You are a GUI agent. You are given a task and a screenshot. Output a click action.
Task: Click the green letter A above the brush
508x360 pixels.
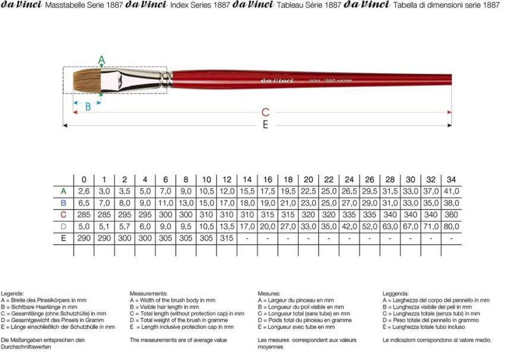[x=101, y=59]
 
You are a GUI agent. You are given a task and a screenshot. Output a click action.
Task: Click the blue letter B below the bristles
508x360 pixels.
[x=88, y=107]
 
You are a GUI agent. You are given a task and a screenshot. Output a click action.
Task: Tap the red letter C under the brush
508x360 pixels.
[x=266, y=112]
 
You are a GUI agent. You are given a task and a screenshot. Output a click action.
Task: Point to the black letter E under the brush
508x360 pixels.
[x=265, y=125]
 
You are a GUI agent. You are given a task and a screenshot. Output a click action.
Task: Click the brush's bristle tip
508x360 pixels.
[x=67, y=80]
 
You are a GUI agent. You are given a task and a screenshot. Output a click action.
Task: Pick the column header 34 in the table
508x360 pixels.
[x=452, y=179]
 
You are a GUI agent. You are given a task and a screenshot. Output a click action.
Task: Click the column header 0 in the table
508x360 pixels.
[x=84, y=179]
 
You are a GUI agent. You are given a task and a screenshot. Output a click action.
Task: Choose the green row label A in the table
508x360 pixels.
[x=63, y=191]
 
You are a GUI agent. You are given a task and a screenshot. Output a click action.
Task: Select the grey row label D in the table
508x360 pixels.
[x=63, y=226]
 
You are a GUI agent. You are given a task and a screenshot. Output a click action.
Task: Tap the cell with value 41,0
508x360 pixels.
[x=452, y=191]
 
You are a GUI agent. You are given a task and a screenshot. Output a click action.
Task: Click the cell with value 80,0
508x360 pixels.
[x=452, y=226]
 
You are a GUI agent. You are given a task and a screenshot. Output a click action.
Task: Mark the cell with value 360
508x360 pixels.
[x=452, y=214]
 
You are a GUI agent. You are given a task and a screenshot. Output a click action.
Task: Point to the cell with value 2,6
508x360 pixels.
[x=84, y=191]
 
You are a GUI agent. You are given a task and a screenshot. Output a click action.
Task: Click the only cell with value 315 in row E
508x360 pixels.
[x=227, y=238]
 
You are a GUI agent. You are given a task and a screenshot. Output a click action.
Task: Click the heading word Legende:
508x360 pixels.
[x=12, y=293]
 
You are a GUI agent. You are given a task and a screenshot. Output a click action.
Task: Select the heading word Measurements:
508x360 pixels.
[x=149, y=293]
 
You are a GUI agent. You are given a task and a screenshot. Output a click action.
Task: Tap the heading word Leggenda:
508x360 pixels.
[x=395, y=293]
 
